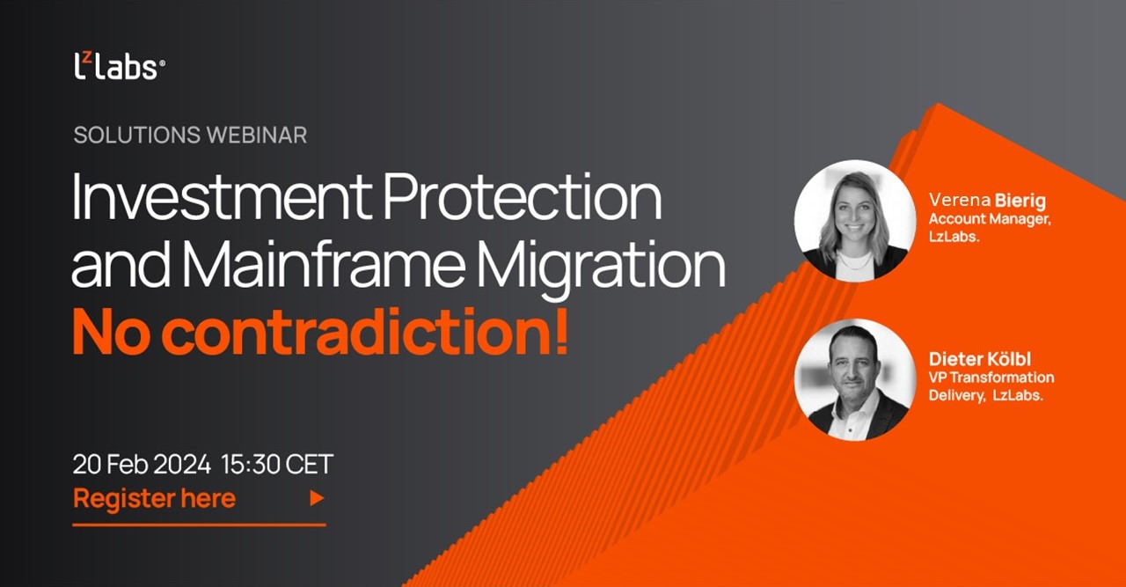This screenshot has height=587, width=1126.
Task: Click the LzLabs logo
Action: pyautogui.click(x=119, y=67)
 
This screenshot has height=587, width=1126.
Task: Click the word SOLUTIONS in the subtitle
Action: pyautogui.click(x=136, y=135)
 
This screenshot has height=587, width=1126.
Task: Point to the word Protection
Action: pyautogui.click(x=523, y=199)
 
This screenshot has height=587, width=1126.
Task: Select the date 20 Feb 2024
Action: pyautogui.click(x=142, y=464)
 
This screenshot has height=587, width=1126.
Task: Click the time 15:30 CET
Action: pyautogui.click(x=277, y=464)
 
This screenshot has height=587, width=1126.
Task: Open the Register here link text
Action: pyautogui.click(x=154, y=498)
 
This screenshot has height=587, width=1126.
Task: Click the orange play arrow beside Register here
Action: pyautogui.click(x=317, y=499)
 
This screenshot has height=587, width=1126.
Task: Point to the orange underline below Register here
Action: pyautogui.click(x=199, y=525)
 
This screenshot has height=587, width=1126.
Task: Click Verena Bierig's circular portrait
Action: pyautogui.click(x=854, y=221)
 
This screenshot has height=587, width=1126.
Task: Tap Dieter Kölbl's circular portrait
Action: pyautogui.click(x=854, y=380)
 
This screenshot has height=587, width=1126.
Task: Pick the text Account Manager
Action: pyautogui.click(x=989, y=219)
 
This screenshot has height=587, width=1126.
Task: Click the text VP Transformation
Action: pyautogui.click(x=991, y=378)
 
